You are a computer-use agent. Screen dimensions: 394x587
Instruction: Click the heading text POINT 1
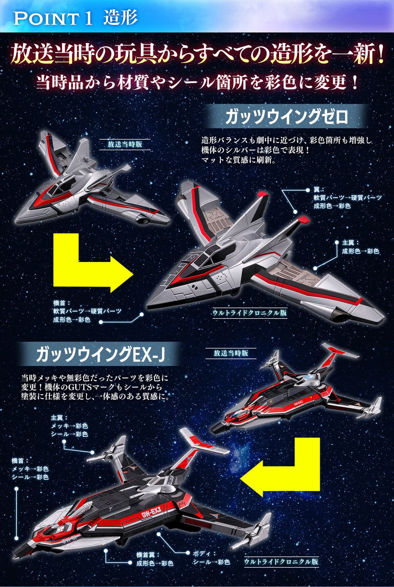point(53,18)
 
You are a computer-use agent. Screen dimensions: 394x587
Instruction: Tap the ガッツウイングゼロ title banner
point(286,117)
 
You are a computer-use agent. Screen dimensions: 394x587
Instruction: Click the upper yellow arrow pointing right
point(93,262)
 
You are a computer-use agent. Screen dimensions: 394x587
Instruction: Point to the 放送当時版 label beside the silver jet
point(125,144)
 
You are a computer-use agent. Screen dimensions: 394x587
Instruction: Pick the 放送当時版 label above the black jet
point(231,353)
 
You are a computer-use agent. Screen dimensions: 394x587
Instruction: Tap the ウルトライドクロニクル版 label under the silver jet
point(250,313)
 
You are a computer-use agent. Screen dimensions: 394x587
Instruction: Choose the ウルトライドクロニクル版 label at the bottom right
point(281,561)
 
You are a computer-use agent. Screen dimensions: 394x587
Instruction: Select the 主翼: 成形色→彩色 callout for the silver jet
point(360,247)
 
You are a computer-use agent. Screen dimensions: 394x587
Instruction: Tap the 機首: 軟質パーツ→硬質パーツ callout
point(87,311)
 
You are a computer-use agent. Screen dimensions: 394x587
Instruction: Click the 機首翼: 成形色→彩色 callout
point(155,559)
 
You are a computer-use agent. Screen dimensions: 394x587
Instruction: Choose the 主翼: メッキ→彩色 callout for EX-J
point(69,426)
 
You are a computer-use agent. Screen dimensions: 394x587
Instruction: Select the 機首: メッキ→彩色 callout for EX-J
point(30,469)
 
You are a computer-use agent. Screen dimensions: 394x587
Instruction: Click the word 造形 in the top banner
point(120,17)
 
